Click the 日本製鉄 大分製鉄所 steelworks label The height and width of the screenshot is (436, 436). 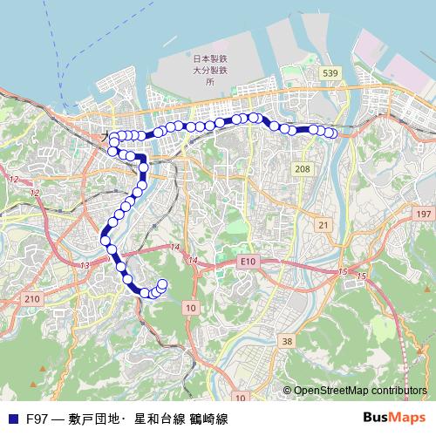pyautogui.click(x=209, y=69)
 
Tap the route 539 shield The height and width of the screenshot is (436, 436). pyautogui.click(x=329, y=72)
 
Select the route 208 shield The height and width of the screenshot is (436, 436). pyautogui.click(x=303, y=167)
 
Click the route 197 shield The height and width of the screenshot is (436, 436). pyautogui.click(x=424, y=214)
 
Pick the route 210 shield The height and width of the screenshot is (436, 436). pyautogui.click(x=32, y=299)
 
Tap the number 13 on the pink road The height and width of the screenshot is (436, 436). pyautogui.click(x=85, y=264)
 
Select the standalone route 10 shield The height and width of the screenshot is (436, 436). pyautogui.click(x=190, y=309)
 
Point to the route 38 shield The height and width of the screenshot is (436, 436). pyautogui.click(x=287, y=341)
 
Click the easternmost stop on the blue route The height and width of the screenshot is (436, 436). pyautogui.click(x=331, y=133)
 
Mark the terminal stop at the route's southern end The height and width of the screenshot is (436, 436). pyautogui.click(x=162, y=283)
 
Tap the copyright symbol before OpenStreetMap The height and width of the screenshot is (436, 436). pyautogui.click(x=287, y=391)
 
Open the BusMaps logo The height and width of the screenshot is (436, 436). pyautogui.click(x=393, y=418)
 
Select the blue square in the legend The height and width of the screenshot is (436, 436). pyautogui.click(x=13, y=419)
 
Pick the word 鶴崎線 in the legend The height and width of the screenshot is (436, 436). pyautogui.click(x=209, y=419)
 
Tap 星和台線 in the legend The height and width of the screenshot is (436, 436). pyautogui.click(x=160, y=419)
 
